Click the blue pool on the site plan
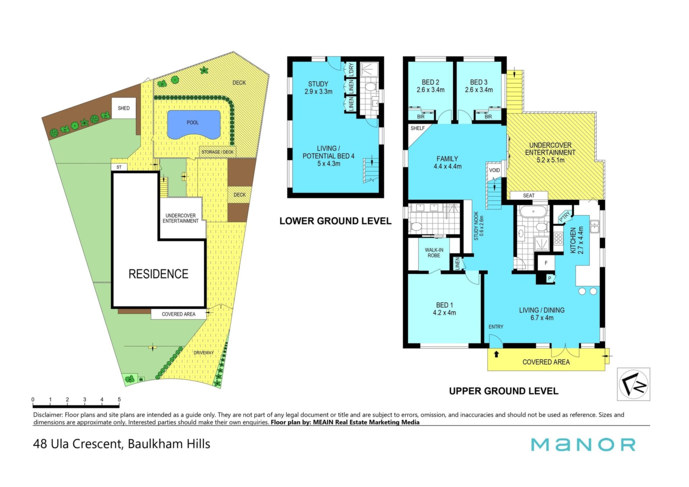[194, 124]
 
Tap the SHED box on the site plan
[124, 108]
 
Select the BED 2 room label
[430, 82]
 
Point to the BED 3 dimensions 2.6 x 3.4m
[479, 90]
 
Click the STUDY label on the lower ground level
[318, 84]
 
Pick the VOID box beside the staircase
[495, 170]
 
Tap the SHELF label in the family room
[418, 128]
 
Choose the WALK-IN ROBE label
[434, 253]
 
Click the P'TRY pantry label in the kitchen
[564, 216]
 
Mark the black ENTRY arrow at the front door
[497, 354]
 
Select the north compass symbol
[633, 384]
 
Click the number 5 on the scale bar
[119, 399]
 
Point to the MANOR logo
[583, 444]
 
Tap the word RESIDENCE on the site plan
[158, 274]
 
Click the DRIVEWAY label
[203, 353]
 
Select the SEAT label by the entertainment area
[529, 196]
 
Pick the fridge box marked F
[546, 263]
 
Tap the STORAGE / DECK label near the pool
[217, 152]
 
